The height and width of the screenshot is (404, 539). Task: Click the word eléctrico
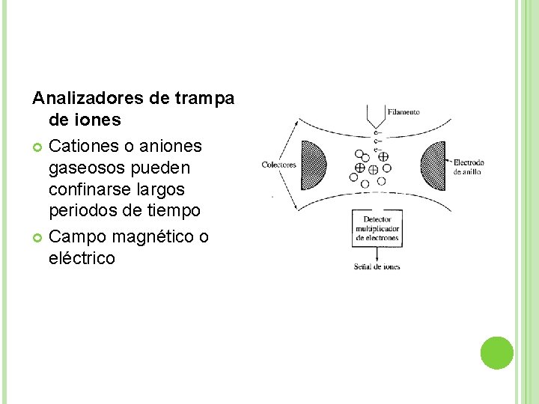(82, 259)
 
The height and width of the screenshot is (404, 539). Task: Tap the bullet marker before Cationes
(37, 145)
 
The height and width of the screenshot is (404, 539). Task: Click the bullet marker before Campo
(37, 236)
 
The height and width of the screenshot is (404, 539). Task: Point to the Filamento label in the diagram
(404, 112)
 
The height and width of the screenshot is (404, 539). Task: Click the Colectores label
(278, 165)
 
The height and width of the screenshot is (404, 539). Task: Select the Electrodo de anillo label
(469, 167)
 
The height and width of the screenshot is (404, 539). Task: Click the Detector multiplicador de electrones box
(377, 227)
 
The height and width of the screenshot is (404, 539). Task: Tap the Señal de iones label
(377, 267)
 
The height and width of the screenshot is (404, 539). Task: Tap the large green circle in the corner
(496, 353)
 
